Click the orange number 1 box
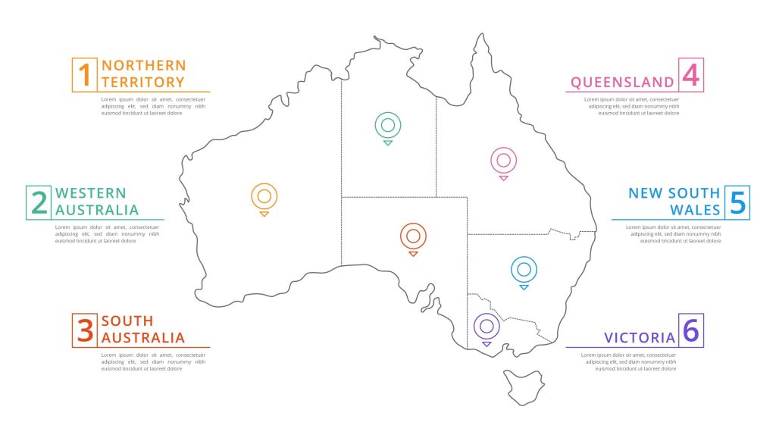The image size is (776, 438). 85,74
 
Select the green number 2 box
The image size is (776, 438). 39,202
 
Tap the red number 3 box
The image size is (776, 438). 85,330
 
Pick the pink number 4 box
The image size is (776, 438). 690,74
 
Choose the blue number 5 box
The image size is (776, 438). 737,202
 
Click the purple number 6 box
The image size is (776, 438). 690,330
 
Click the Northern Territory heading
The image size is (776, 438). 142,74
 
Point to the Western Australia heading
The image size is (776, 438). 97,202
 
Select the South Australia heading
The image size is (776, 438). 142,330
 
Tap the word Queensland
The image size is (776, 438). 622,82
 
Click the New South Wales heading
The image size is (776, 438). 674,202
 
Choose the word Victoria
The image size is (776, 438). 639,337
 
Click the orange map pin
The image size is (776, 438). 264,197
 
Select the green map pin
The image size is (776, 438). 387,126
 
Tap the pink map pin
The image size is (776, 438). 503,161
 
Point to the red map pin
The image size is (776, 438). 413,236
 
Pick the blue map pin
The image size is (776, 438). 524,269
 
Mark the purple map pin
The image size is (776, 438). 487,327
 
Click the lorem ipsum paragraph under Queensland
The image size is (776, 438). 631,106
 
